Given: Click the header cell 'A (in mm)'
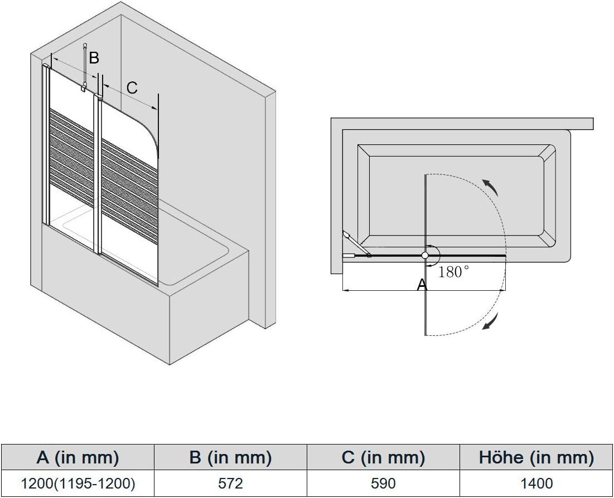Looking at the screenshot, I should point(78,457).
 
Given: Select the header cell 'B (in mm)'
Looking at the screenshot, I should point(231,457).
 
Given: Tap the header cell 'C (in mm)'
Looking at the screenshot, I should point(383,457).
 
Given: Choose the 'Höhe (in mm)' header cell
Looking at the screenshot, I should point(536,457).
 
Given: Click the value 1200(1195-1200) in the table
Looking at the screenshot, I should point(78,484).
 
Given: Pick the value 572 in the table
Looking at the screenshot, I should point(231,484).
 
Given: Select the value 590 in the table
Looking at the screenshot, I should point(383,484).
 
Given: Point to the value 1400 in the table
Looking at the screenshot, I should point(536,484).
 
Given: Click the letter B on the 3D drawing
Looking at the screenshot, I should point(94,57).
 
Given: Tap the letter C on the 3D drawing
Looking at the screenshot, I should point(132,87).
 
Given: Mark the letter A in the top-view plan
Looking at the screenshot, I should point(422,285).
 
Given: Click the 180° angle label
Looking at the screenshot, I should point(453,272).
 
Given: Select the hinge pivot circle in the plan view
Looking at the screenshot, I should point(426,256).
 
